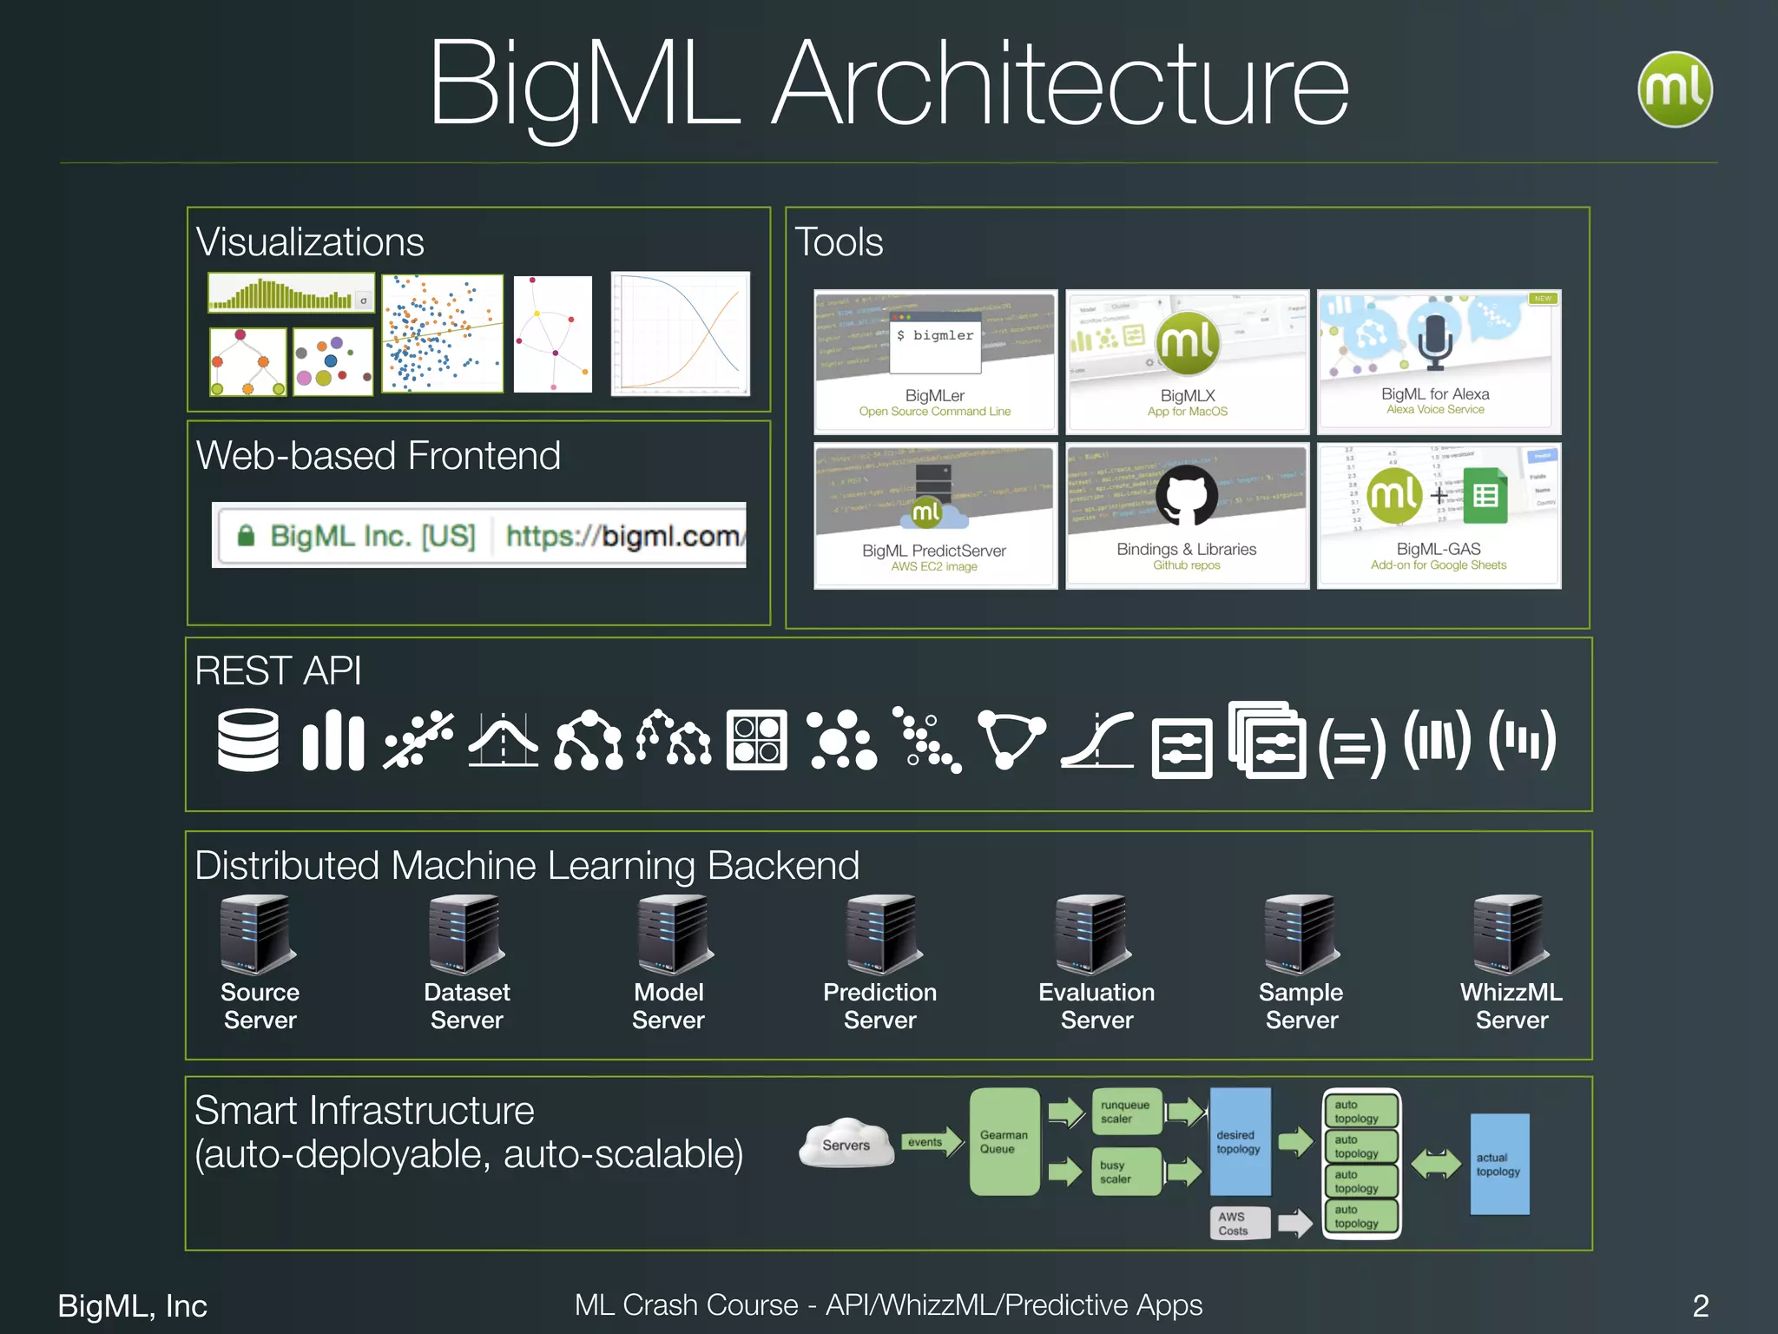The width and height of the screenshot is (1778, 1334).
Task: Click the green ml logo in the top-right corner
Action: pos(1674,89)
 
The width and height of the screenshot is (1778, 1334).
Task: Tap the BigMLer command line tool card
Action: pos(935,361)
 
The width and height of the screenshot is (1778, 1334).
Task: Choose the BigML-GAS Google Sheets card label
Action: pos(1439,550)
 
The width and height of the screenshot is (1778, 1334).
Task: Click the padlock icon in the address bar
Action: pos(246,535)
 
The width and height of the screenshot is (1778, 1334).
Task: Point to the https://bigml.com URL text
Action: pos(622,536)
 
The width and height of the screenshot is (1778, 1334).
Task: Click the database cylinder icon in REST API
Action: pos(247,740)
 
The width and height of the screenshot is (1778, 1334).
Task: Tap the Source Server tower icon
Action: pos(256,934)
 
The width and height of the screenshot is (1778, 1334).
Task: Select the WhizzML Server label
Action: pos(1511,1006)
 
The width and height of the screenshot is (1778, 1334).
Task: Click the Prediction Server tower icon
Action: pos(881,934)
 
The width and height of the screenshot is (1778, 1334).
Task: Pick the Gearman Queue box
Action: pos(1004,1141)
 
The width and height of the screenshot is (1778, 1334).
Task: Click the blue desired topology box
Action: pos(1239,1141)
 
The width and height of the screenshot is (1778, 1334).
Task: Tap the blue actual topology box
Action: pos(1498,1164)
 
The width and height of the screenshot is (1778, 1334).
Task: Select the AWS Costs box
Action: pos(1239,1223)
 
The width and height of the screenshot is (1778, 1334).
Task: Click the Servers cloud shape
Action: pos(846,1143)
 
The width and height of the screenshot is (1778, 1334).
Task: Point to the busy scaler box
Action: pos(1124,1172)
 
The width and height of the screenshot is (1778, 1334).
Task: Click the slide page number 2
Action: pos(1700,1305)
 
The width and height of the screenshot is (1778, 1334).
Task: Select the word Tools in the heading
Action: pos(839,241)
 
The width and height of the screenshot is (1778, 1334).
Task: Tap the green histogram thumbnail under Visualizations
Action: pos(291,294)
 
